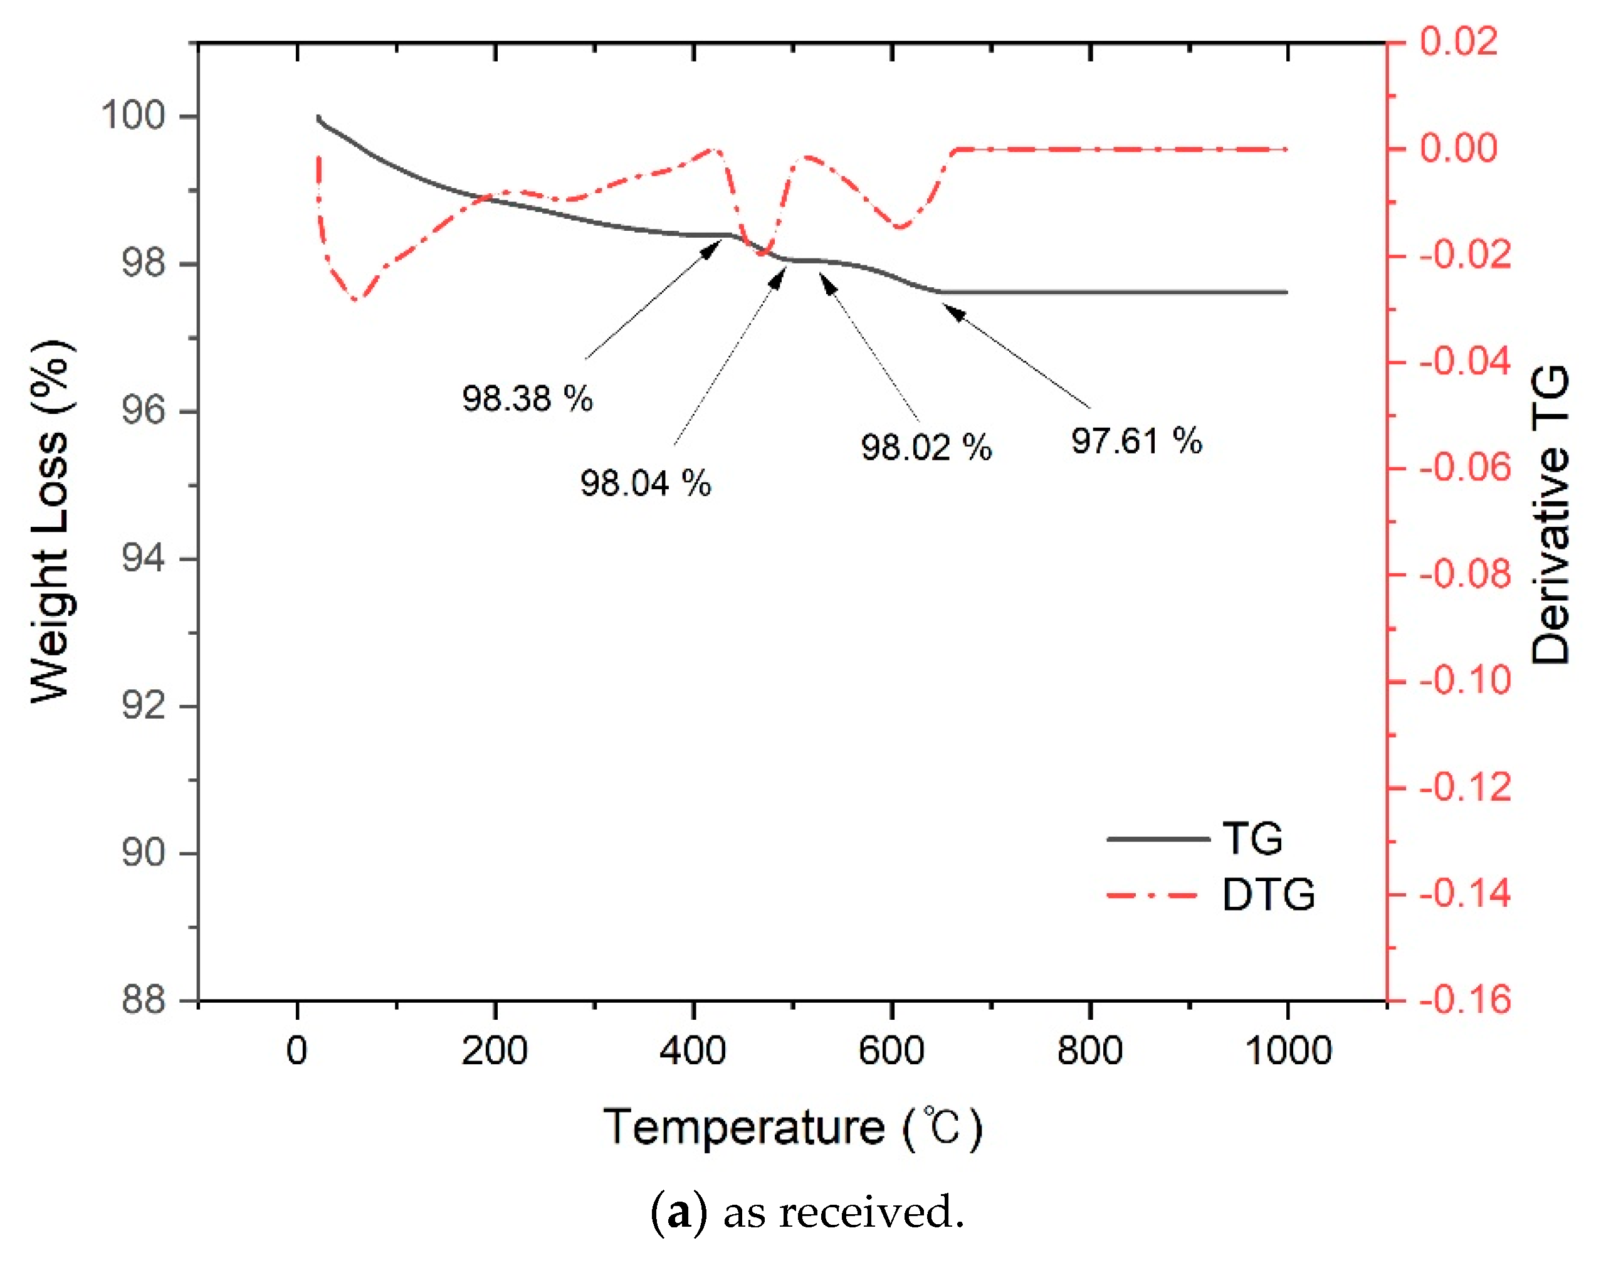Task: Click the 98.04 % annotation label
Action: click(x=646, y=483)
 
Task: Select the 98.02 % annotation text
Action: click(x=925, y=447)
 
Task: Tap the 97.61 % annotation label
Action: click(x=1136, y=440)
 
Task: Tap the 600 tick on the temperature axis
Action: click(x=891, y=1050)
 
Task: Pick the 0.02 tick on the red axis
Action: click(x=1458, y=41)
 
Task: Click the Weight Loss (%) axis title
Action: click(x=51, y=521)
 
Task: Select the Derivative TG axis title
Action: click(x=1551, y=515)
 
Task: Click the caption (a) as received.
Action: click(x=807, y=1212)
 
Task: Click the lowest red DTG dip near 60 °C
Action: click(x=356, y=299)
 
